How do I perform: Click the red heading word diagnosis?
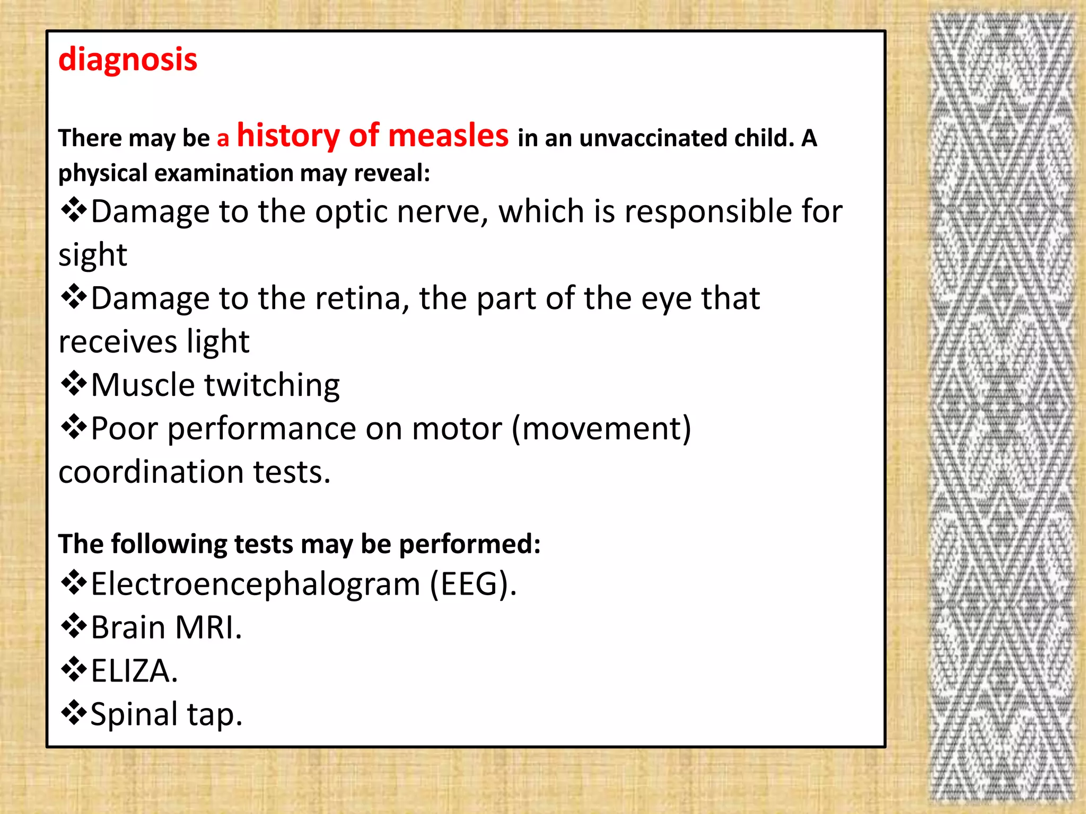click(128, 59)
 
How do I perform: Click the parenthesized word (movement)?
click(601, 428)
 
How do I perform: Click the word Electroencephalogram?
click(256, 585)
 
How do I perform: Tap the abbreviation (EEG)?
click(472, 585)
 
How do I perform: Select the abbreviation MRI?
click(208, 628)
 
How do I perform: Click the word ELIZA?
click(134, 671)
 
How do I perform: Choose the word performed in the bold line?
click(469, 545)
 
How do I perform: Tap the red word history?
click(288, 136)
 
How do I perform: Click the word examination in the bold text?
click(223, 174)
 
